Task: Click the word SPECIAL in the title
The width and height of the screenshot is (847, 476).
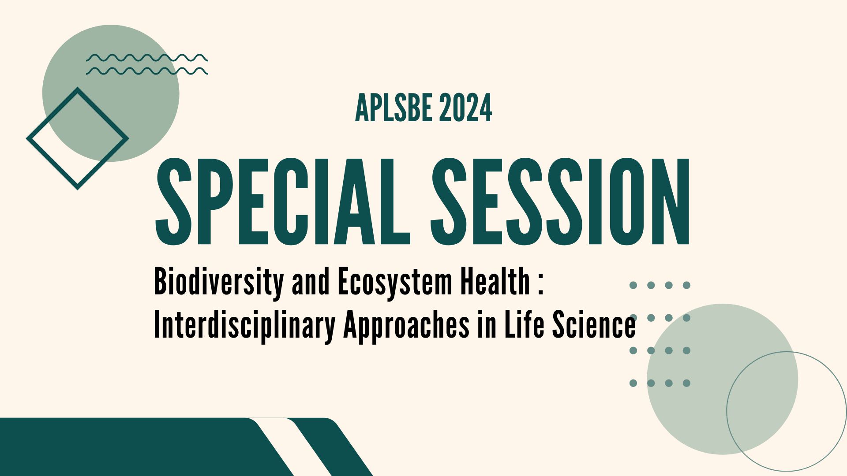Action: (282, 202)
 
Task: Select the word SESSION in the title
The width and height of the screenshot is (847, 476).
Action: (560, 202)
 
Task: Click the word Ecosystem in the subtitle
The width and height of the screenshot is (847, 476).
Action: (395, 282)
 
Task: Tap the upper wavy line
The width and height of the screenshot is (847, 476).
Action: (147, 58)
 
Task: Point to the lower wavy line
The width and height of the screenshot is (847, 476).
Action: (147, 71)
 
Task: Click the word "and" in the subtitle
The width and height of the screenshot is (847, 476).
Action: (311, 282)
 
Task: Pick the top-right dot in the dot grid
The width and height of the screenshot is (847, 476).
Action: (686, 285)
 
